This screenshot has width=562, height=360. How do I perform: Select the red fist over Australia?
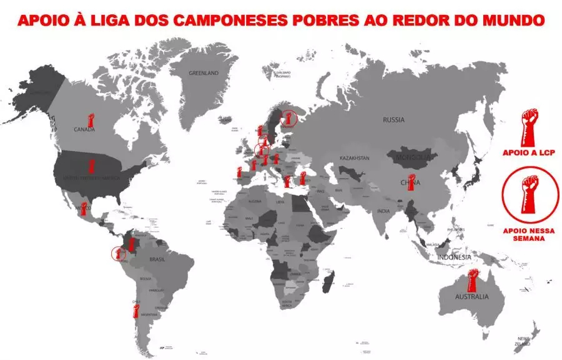[x=473, y=279]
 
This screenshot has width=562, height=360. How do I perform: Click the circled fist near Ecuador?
[x=119, y=253]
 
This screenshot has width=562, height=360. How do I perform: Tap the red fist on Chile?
[x=135, y=310]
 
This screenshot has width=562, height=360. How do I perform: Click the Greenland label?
[x=204, y=73]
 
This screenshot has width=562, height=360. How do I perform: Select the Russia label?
[x=393, y=119]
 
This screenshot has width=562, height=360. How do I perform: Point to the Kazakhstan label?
[x=355, y=158]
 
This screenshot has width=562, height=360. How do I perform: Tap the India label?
[x=383, y=211]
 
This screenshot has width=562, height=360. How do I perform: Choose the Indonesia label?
[x=454, y=257]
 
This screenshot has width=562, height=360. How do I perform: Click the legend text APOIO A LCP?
[x=529, y=153]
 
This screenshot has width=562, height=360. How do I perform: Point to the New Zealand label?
[x=523, y=342]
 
